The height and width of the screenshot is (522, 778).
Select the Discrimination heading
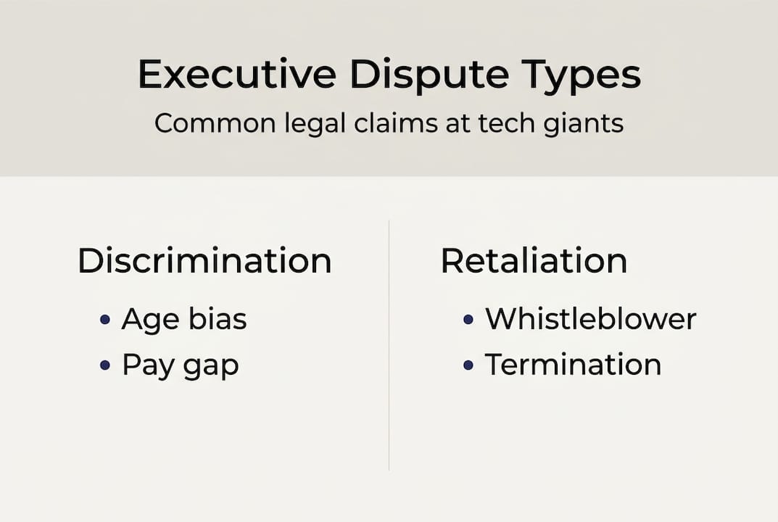point(204,261)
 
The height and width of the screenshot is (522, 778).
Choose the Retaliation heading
point(534,261)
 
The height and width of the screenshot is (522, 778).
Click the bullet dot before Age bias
point(105,320)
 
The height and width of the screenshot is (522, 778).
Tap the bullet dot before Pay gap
point(105,365)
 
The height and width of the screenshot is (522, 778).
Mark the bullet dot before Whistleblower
point(468,320)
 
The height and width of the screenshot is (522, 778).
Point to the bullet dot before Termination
point(468,365)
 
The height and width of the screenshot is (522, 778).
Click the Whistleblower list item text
point(590,319)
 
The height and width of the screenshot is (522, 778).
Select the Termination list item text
point(573,364)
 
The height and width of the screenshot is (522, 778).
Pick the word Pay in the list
point(146,365)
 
